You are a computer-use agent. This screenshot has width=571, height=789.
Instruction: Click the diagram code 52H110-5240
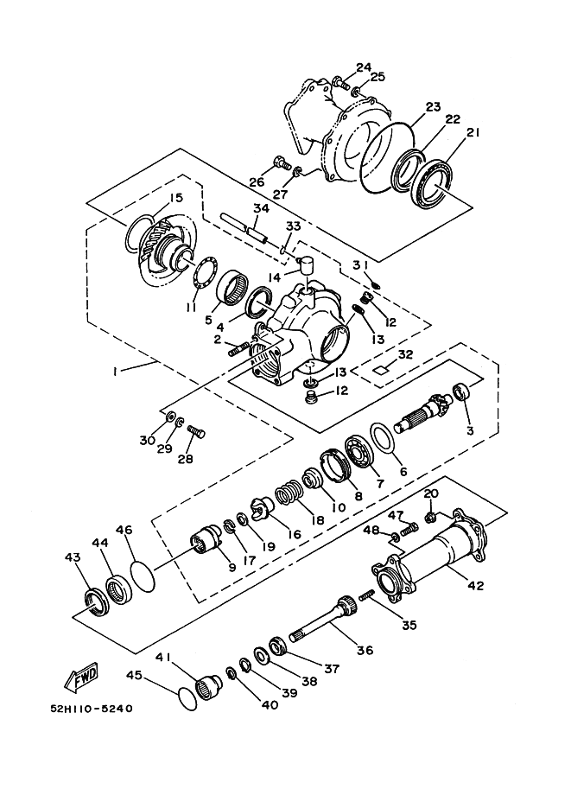tap(91, 709)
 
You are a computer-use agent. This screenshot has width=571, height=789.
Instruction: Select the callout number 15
tap(175, 198)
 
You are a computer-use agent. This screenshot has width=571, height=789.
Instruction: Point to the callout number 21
tap(473, 132)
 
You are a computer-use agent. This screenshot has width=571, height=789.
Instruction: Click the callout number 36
tap(365, 651)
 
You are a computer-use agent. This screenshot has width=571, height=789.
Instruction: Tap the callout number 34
tap(260, 208)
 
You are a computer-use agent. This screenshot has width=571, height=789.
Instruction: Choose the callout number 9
tap(231, 567)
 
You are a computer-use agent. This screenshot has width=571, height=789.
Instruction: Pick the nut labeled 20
tap(429, 518)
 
